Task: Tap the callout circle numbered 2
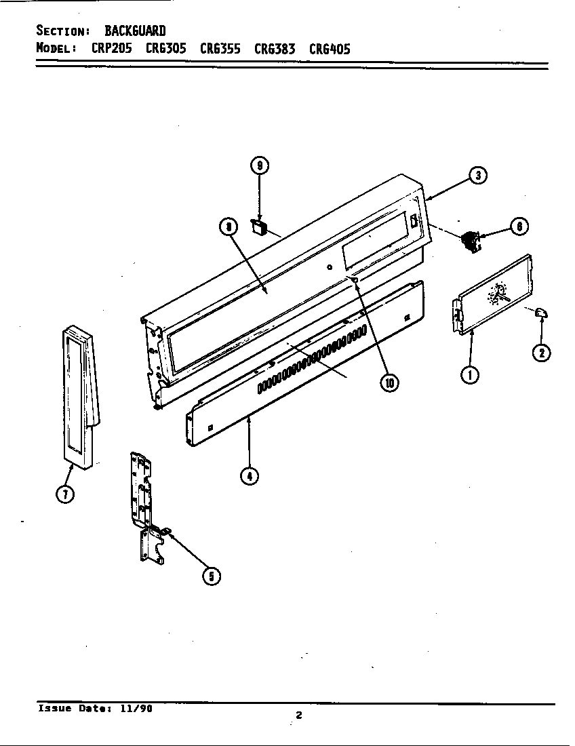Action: tap(541, 352)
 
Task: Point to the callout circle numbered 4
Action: tap(250, 475)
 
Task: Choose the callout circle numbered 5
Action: tap(212, 576)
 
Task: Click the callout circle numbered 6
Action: tap(519, 227)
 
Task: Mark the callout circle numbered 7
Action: tap(64, 494)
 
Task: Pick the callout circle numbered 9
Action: tap(259, 165)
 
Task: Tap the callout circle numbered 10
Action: tap(389, 382)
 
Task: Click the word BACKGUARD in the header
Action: tap(135, 31)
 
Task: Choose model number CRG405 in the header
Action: tap(330, 49)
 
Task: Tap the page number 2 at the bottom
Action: tap(298, 714)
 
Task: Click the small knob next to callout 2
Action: tap(540, 312)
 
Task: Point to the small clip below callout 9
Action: tap(258, 226)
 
